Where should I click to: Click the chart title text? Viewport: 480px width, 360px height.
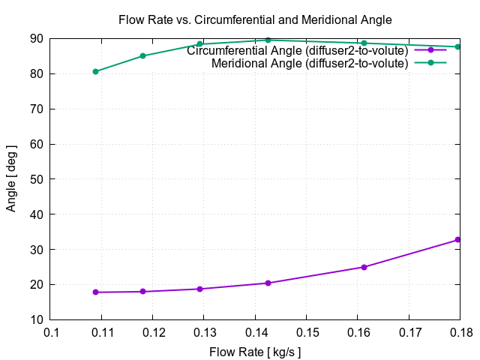click(x=255, y=19)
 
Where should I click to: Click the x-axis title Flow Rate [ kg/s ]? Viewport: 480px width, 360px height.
click(x=255, y=351)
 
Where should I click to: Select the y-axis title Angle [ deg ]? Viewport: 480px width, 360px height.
click(x=11, y=178)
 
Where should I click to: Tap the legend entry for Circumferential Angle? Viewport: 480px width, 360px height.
click(x=297, y=51)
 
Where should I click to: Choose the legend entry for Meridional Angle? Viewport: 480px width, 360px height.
click(x=309, y=64)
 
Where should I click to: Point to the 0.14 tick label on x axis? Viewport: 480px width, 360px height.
click(x=255, y=331)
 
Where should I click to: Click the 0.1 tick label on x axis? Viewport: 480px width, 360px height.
click(x=50, y=331)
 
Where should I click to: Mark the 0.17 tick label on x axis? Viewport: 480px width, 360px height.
click(x=409, y=331)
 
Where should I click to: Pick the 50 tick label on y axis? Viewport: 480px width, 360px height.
click(x=36, y=179)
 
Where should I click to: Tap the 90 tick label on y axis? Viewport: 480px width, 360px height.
click(x=36, y=38)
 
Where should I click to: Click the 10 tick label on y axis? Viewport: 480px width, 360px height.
click(x=36, y=320)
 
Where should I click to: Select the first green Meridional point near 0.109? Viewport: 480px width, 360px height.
click(x=95, y=71)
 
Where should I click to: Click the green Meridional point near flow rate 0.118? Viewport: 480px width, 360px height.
click(x=142, y=55)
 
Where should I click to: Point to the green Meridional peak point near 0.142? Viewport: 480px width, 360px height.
click(x=268, y=40)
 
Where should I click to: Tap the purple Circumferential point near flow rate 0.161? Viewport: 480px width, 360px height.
click(x=364, y=267)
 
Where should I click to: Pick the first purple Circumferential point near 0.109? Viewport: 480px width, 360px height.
click(x=95, y=292)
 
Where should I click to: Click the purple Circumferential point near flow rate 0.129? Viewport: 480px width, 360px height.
click(x=199, y=289)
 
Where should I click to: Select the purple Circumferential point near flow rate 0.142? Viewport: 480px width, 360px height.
click(x=268, y=283)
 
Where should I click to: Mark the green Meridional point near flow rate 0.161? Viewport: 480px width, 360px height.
click(x=364, y=43)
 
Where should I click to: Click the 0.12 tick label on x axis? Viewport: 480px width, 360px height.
click(x=153, y=331)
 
